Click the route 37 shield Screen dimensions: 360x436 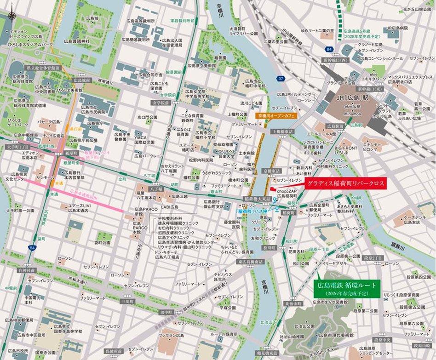click(x=281, y=79)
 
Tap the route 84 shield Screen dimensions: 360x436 click(x=328, y=49)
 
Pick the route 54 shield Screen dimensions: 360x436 click(x=31, y=247)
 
